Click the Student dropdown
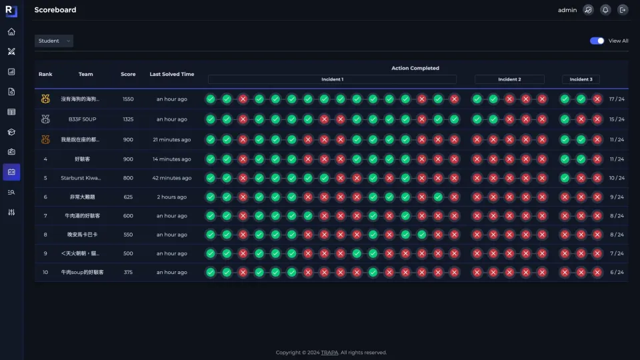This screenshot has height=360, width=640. pyautogui.click(x=54, y=41)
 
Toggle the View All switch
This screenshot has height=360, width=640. pyautogui.click(x=597, y=41)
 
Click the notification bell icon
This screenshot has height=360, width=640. pyautogui.click(x=605, y=10)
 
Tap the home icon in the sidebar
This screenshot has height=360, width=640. pyautogui.click(x=11, y=32)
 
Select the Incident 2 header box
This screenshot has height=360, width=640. pyautogui.click(x=509, y=79)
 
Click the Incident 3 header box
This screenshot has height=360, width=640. pyautogui.click(x=581, y=79)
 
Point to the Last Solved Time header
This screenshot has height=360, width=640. pyautogui.click(x=172, y=74)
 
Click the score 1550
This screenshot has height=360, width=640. pyautogui.click(x=128, y=99)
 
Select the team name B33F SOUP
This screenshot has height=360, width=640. pyautogui.click(x=83, y=119)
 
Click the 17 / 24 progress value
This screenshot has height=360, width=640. pyautogui.click(x=617, y=99)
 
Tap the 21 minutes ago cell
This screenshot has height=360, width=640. pyautogui.click(x=172, y=139)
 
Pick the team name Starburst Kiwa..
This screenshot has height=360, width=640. pyautogui.click(x=81, y=178)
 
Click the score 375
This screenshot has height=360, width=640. pyautogui.click(x=128, y=272)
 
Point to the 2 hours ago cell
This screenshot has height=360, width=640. pyautogui.click(x=172, y=197)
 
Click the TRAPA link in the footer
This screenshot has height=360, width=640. pyautogui.click(x=329, y=353)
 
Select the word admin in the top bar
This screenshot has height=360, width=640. pyautogui.click(x=567, y=10)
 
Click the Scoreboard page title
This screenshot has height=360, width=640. pyautogui.click(x=55, y=10)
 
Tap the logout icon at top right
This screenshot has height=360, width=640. pyautogui.click(x=623, y=10)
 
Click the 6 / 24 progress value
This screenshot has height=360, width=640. pyautogui.click(x=617, y=272)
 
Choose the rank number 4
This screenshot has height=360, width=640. pyautogui.click(x=45, y=159)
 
